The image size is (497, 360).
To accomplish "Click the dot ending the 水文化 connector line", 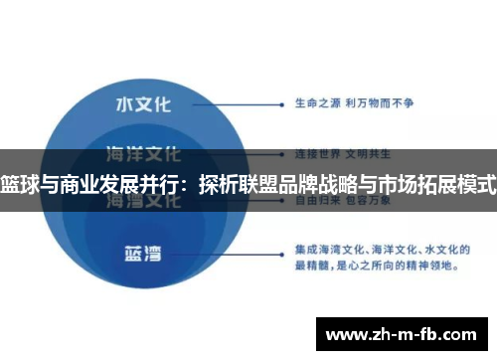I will pyautogui.click(x=287, y=101).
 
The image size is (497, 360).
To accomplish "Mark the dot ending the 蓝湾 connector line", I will pyautogui.click(x=287, y=252).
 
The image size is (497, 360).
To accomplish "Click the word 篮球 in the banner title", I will pyautogui.click(x=18, y=183).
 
